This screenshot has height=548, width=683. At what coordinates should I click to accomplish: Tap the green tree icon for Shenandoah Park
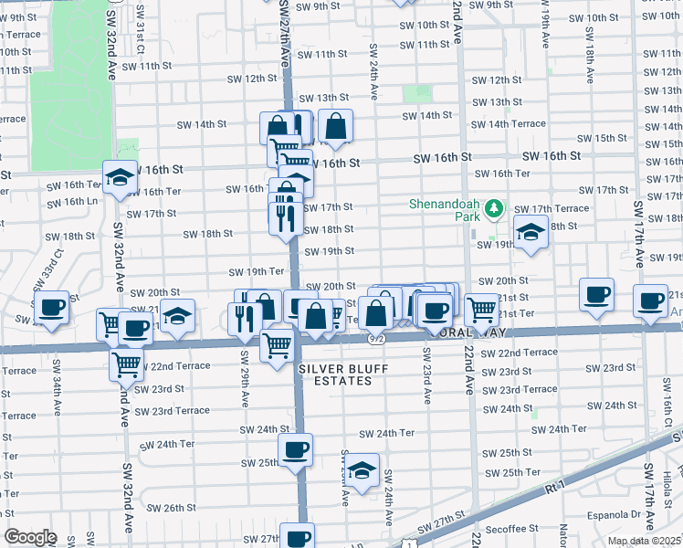point(494,209)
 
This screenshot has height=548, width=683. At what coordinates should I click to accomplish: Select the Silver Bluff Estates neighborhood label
point(335,374)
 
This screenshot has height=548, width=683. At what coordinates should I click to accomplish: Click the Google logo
point(30,537)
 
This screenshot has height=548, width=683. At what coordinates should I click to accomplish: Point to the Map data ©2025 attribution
point(644,541)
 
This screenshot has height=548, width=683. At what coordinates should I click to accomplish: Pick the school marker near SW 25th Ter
point(363,470)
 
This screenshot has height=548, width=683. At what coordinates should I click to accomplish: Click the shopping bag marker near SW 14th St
point(336,126)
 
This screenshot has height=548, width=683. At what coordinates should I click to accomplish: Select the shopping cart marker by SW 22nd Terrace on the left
point(127,364)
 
